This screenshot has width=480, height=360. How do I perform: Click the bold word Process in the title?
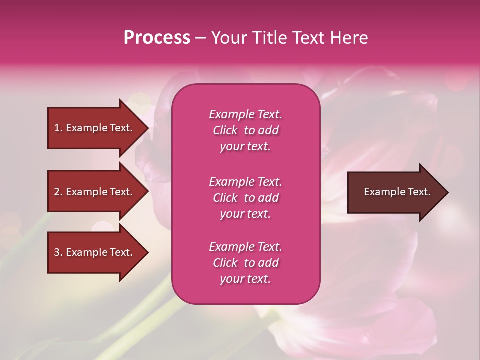tap(157, 38)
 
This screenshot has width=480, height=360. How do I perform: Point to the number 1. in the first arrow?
tap(58, 128)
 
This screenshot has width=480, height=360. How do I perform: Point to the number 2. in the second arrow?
tap(58, 192)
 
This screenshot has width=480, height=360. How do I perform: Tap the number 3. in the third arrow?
tap(58, 252)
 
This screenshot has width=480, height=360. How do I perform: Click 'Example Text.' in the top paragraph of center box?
tap(245, 114)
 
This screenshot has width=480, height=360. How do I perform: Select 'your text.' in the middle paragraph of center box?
tap(245, 214)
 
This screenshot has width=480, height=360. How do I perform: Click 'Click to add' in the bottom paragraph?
tap(245, 263)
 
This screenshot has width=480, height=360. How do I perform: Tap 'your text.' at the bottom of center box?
tap(245, 279)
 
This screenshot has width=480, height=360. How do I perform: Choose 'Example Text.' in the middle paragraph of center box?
tap(245, 181)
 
